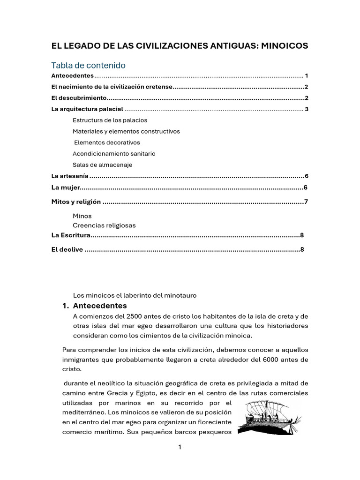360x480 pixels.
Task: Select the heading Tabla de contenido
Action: coord(88,65)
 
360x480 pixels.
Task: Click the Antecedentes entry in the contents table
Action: coord(73,76)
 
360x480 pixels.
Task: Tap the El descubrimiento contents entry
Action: coord(79,98)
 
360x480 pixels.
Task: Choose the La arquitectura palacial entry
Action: coord(87,109)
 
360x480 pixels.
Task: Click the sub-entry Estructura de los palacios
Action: coord(110,120)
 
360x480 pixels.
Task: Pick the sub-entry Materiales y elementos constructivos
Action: coord(126,131)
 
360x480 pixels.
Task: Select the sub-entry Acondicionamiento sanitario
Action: coord(114,154)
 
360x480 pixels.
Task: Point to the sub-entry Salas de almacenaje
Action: coord(102,165)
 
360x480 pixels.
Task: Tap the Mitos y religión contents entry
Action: coord(76,202)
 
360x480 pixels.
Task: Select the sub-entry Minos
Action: coord(82,216)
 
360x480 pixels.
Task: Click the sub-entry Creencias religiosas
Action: coord(104,225)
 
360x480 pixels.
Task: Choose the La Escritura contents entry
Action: coord(70,235)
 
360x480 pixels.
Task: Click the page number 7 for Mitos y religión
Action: coord(306,202)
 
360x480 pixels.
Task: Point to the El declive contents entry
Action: coord(67,249)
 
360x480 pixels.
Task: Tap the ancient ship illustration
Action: coord(268,418)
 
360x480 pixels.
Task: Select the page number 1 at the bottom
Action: coord(180,447)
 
